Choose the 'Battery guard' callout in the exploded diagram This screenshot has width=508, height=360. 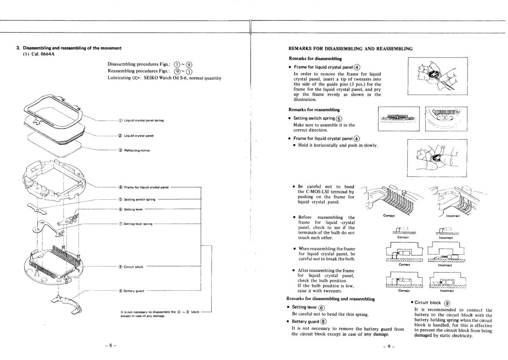(x=135, y=291)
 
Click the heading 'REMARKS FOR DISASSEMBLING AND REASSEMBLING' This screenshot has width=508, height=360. (x=350, y=49)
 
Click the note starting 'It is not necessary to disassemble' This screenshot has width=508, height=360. (x=160, y=313)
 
